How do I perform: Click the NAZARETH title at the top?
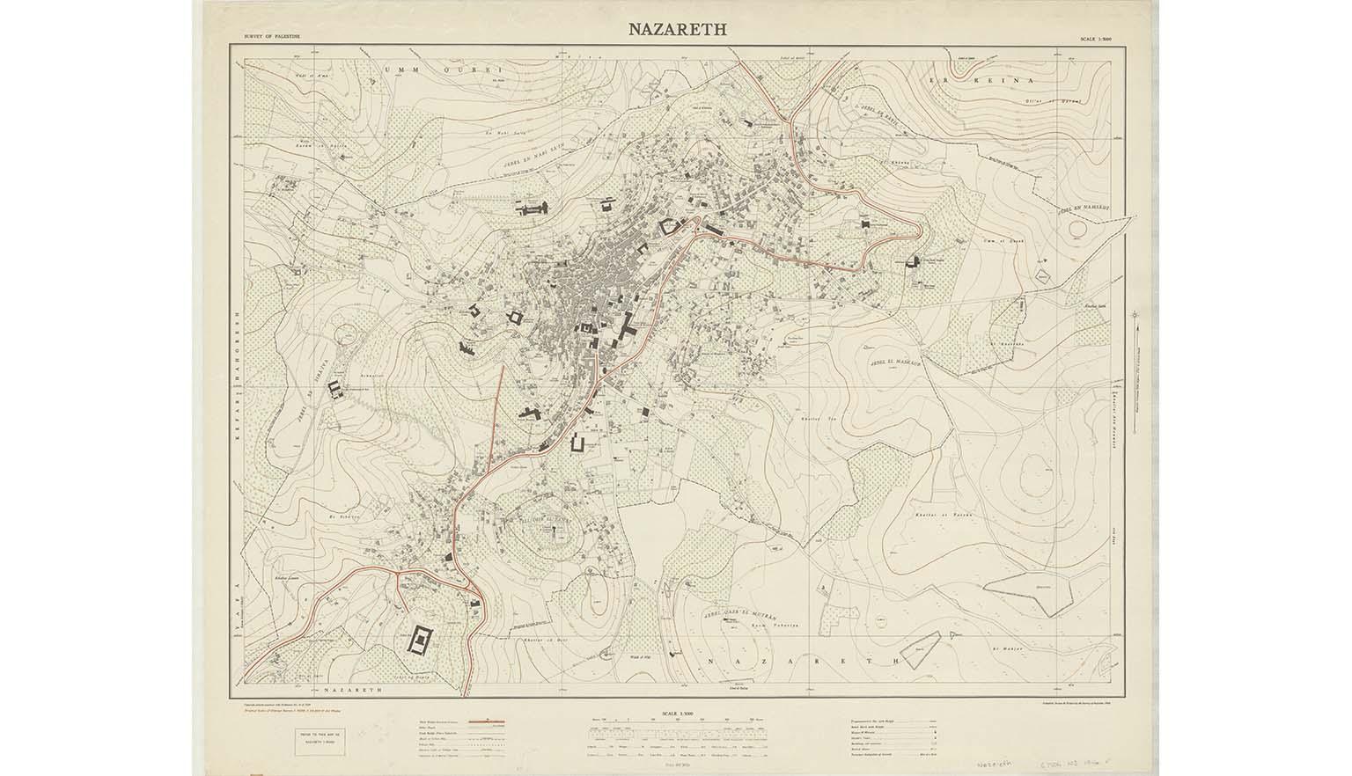coord(676,28)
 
